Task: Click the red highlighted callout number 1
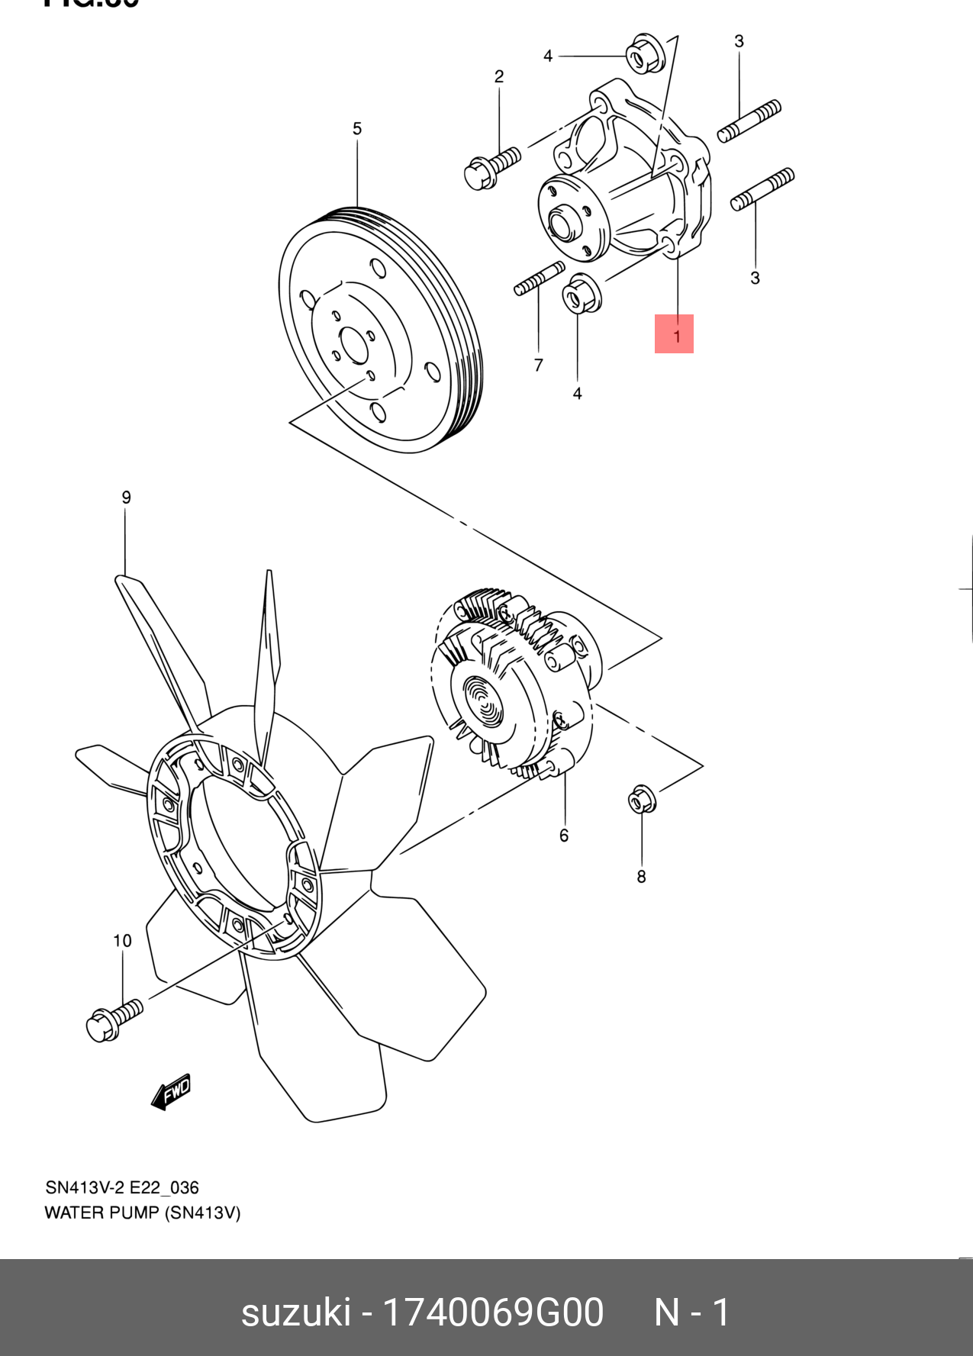(675, 334)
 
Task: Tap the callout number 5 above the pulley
(357, 129)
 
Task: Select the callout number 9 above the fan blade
(126, 498)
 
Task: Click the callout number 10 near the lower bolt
(122, 941)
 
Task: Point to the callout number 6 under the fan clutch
(564, 836)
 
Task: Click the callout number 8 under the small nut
(641, 877)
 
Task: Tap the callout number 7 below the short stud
(539, 366)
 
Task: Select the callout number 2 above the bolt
(499, 76)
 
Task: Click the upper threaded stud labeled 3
(749, 121)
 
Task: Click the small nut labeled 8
(641, 799)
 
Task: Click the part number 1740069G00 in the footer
(492, 1313)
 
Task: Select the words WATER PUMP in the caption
(102, 1213)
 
